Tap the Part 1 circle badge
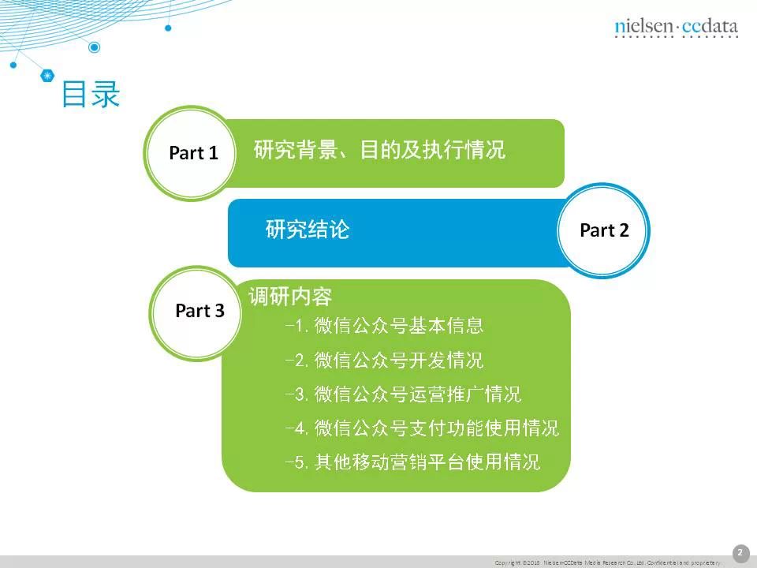click(x=192, y=153)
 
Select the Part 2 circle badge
click(x=604, y=230)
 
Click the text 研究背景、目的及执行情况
click(x=379, y=150)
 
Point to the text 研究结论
click(x=308, y=230)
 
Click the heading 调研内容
click(x=290, y=297)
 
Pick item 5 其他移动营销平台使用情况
click(x=412, y=462)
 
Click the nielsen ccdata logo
click(x=676, y=27)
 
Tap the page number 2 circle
click(x=740, y=553)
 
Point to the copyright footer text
click(x=607, y=562)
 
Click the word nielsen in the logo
click(x=643, y=27)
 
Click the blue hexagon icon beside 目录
click(x=48, y=76)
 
